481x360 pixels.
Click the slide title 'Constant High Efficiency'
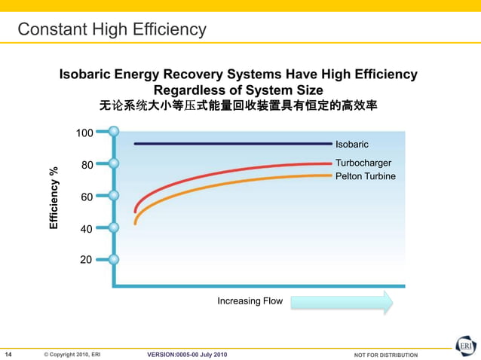pos(112,30)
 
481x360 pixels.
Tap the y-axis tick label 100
pos(84,133)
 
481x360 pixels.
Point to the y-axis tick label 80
pos(87,165)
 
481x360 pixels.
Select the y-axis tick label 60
pos(87,197)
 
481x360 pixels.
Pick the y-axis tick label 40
pos(87,229)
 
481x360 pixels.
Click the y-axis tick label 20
pos(87,260)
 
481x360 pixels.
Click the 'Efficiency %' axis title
pos(54,198)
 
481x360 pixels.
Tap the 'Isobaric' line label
pos(351,144)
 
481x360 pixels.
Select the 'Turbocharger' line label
pos(363,163)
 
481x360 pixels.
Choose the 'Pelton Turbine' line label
pos(365,176)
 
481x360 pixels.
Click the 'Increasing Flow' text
pos(250,301)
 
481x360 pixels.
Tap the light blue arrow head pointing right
pos(385,302)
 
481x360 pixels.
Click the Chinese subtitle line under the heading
pos(238,106)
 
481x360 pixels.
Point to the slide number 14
pos(9,354)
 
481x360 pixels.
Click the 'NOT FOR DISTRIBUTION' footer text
pos(385,355)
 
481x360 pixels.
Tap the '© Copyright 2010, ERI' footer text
pos(72,355)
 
